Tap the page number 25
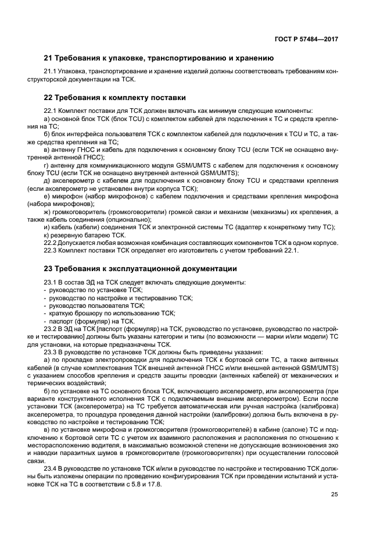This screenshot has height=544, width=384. [334, 495]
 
